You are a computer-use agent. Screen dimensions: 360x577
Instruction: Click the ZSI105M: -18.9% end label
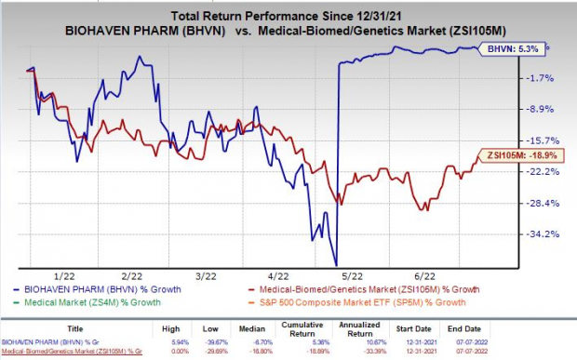click(522, 154)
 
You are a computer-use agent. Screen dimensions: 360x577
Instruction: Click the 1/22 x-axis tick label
click(65, 276)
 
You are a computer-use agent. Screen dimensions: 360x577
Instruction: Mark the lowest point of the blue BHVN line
click(336, 264)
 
